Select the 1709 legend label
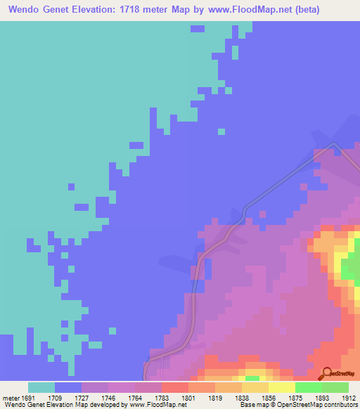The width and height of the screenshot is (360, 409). pos(55,398)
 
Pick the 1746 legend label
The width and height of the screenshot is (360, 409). pos(108,398)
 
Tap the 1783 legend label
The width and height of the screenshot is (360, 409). pos(161,398)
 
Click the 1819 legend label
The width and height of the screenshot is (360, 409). pos(214,398)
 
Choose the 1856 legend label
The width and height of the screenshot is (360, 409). pos(268,398)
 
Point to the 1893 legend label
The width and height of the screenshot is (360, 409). pos(321,398)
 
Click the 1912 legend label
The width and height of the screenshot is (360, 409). pos(348,398)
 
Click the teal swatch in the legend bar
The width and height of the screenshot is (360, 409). pos(41,387)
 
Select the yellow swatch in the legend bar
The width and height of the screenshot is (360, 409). pos(281,387)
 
